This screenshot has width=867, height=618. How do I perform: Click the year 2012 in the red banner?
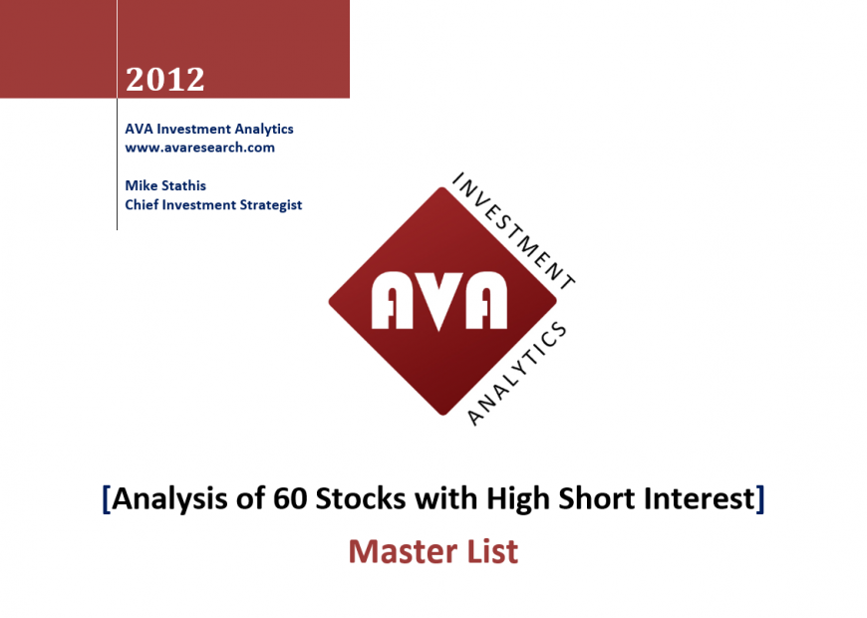coord(164,79)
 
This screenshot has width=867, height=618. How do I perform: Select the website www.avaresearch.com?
coord(199,148)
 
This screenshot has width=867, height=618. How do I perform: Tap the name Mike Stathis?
coord(165,185)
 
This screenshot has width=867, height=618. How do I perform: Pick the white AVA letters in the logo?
coord(439,301)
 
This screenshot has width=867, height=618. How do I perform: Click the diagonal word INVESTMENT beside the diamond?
coord(513,231)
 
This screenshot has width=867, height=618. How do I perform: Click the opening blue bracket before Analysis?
coord(107,499)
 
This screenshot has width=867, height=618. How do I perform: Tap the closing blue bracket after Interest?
coord(760,499)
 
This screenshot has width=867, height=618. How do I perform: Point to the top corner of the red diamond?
coord(442,187)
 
